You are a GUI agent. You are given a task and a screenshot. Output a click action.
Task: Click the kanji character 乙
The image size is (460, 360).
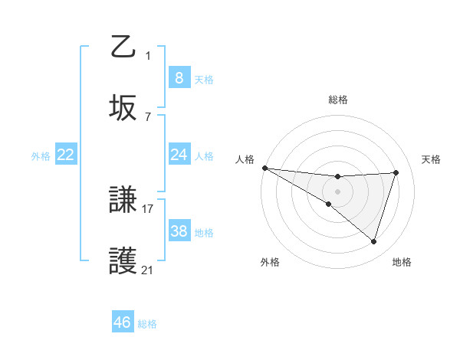[x=123, y=47]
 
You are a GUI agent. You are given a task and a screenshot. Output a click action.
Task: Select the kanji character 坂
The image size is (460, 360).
[x=123, y=108]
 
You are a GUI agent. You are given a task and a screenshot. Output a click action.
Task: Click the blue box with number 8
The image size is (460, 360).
[x=179, y=77]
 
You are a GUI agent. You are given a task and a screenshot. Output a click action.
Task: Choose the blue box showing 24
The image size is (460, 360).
[x=179, y=155]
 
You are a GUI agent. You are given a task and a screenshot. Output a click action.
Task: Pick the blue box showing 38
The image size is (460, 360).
[x=179, y=231]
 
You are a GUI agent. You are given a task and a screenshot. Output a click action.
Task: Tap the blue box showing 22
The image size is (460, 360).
[x=65, y=155]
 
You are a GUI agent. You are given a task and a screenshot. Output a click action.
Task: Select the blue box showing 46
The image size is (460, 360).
[x=122, y=322]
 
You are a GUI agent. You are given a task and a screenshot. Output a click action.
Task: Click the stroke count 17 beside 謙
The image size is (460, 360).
[x=148, y=208]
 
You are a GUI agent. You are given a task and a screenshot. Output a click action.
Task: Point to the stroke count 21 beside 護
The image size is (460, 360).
[x=148, y=270]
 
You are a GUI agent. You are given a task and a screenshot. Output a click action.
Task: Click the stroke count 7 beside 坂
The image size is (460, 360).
[x=148, y=116]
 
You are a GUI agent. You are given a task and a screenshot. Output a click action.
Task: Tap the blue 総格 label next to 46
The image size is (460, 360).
[x=147, y=324]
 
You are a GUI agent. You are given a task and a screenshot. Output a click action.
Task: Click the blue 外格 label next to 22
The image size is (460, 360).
[x=41, y=156]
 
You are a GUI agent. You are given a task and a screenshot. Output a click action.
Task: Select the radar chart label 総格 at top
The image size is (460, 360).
[x=338, y=100]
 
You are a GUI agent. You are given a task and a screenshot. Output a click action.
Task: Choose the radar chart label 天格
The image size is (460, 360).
[x=432, y=159]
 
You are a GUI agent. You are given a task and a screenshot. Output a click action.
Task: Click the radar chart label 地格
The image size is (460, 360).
[x=402, y=262]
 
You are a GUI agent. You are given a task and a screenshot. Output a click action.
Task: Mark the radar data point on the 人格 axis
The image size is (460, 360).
[x=264, y=167]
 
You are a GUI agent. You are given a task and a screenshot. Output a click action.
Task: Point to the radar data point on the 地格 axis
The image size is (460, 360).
[x=374, y=242]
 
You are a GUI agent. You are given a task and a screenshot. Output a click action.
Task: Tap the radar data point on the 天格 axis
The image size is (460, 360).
[x=396, y=172]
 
